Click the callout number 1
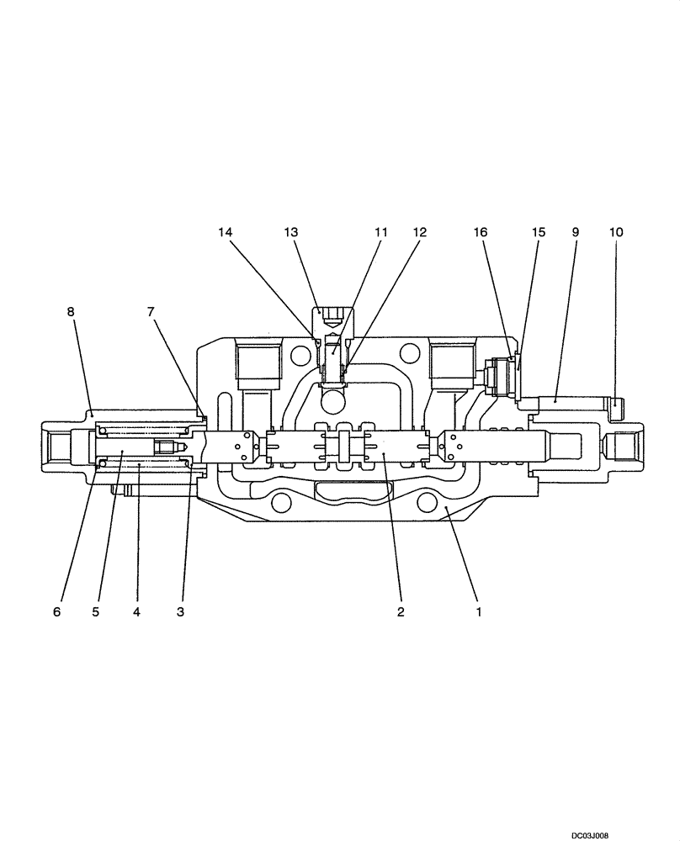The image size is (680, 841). click(x=478, y=612)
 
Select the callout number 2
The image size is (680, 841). click(x=401, y=612)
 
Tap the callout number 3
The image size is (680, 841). click(x=180, y=612)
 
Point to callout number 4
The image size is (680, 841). click(x=136, y=612)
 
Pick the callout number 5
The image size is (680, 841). click(x=96, y=612)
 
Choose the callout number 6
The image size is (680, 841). click(x=57, y=612)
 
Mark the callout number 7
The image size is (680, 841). click(x=151, y=312)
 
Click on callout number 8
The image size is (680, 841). click(x=71, y=312)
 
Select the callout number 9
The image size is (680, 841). click(x=576, y=231)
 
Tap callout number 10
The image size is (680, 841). click(x=615, y=231)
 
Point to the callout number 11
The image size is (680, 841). click(x=380, y=231)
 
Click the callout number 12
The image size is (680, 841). click(x=419, y=231)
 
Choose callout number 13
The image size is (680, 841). click(x=291, y=231)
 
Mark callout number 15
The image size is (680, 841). click(x=538, y=231)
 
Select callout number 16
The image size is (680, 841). click(x=492, y=231)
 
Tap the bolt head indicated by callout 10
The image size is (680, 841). click(x=616, y=409)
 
